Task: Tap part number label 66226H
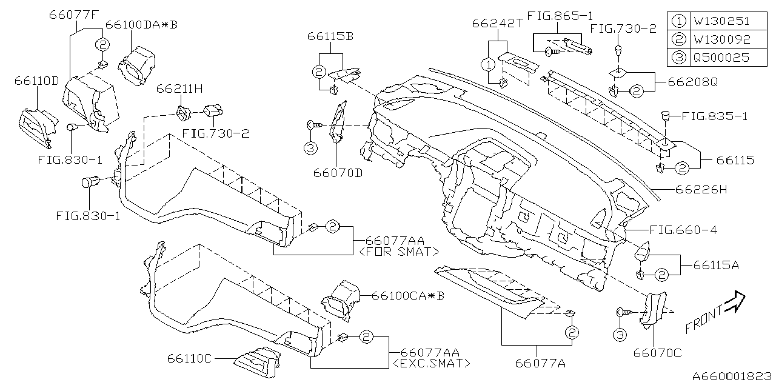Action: [701, 190]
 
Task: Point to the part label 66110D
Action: [38, 81]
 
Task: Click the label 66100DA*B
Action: [141, 25]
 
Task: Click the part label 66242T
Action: [497, 24]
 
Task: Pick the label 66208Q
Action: [692, 81]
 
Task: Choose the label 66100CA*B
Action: [408, 296]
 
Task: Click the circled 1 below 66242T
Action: [487, 64]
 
